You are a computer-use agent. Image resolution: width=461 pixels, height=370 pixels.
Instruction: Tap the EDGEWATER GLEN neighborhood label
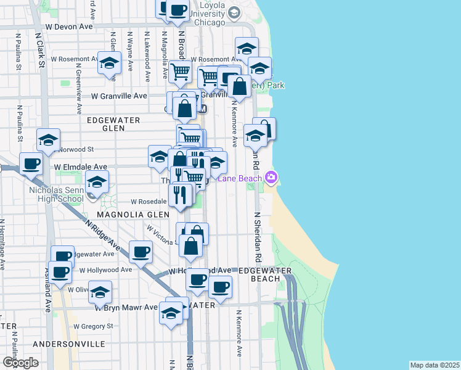(x=113, y=124)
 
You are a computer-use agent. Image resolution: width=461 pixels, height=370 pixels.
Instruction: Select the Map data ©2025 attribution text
(x=434, y=365)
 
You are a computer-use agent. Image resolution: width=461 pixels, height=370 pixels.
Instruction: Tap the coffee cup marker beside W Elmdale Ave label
(x=30, y=163)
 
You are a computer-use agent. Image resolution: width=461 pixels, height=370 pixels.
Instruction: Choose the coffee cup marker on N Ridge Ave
(x=141, y=252)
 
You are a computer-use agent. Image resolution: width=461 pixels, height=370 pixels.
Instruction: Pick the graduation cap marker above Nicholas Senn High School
(x=97, y=181)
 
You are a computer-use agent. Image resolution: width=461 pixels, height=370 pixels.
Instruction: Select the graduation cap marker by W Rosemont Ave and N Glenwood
(x=110, y=64)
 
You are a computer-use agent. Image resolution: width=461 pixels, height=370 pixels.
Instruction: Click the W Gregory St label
(x=94, y=326)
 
